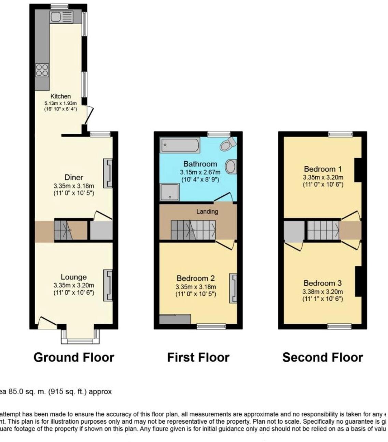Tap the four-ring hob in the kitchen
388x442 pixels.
pos(42,70)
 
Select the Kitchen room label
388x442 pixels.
pos(60,96)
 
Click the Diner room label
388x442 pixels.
pos(74,177)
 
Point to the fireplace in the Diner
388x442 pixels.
pos(108,173)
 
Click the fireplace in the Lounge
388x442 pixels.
pos(108,285)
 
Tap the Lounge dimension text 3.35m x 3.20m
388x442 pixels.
pos(73,285)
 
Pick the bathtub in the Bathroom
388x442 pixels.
pos(180,145)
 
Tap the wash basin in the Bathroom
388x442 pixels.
pos(232,167)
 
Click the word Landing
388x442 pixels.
pos(207,211)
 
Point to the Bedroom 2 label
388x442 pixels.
pos(196,278)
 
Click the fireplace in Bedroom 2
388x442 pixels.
pos(233,288)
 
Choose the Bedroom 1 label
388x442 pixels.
pos(323,169)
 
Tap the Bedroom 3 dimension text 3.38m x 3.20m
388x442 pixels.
pos(322,292)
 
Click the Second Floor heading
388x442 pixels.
pos(322,357)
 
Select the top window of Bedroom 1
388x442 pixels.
pos(340,134)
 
